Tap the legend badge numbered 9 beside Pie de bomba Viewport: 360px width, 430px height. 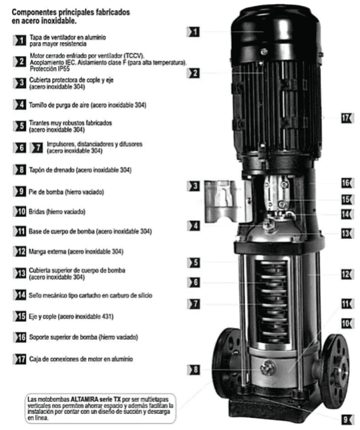pyautogui.click(x=21, y=191)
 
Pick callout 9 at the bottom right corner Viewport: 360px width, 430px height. pyautogui.click(x=346, y=419)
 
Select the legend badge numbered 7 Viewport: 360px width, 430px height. pyautogui.click(x=37, y=146)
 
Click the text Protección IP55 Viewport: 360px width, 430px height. pyautogui.click(x=51, y=68)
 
